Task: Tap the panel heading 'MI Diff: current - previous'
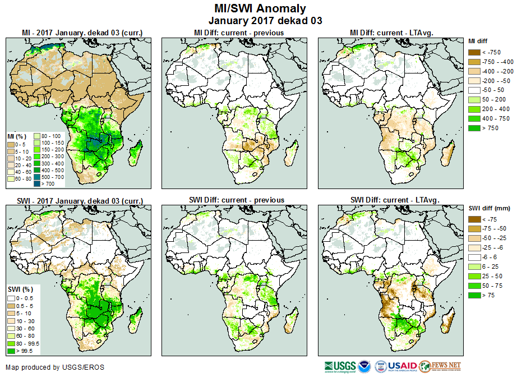coord(238,33)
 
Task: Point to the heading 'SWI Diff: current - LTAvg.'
coord(394,200)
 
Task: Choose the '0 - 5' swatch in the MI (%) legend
coord(11,145)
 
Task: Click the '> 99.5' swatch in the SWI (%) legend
coord(11,351)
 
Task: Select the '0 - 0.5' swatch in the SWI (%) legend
coord(11,297)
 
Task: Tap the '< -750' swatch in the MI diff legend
coord(475,52)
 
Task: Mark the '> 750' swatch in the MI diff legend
coord(475,128)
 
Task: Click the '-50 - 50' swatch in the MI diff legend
coord(475,90)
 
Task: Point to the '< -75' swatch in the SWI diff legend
coord(475,219)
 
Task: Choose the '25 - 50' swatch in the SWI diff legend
coord(475,277)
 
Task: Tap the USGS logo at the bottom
coord(340,367)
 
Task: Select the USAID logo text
coord(402,367)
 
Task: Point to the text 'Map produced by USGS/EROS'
coord(55,367)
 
